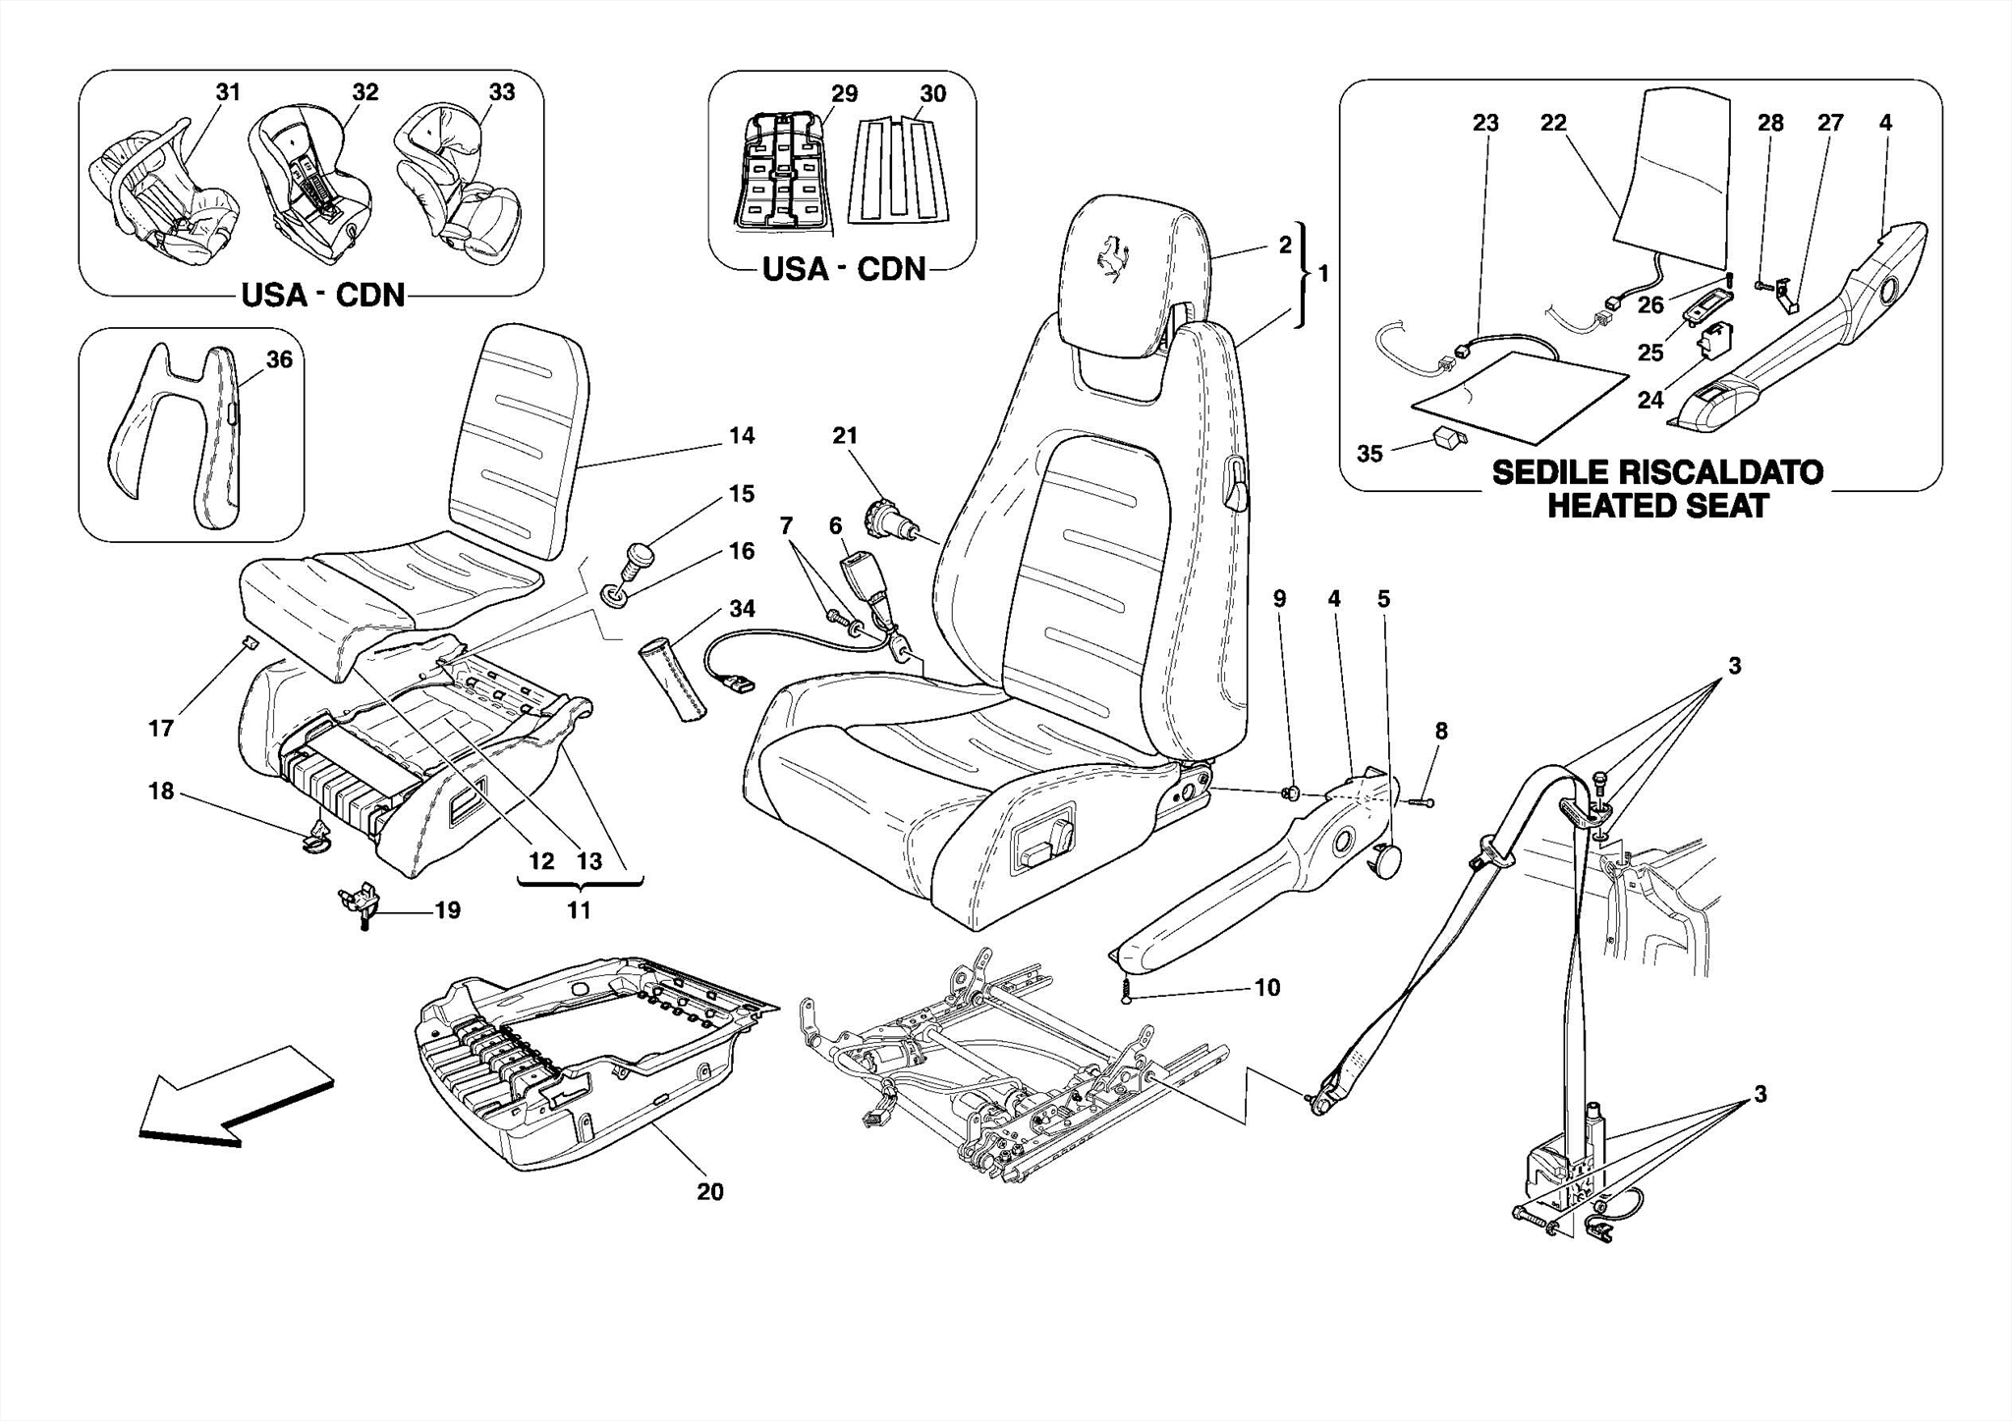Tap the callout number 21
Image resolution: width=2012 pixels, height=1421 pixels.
[x=845, y=435]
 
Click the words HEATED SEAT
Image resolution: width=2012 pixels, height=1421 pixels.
[x=1657, y=507]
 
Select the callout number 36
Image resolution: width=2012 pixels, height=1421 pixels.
[x=279, y=359]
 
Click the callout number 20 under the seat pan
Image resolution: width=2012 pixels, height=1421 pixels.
[x=709, y=1191]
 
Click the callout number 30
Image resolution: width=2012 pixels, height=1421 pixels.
[x=932, y=93]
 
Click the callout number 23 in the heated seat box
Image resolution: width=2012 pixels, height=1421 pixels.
[x=1484, y=123]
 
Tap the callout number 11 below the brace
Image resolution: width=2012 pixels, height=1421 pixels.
[x=579, y=910]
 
